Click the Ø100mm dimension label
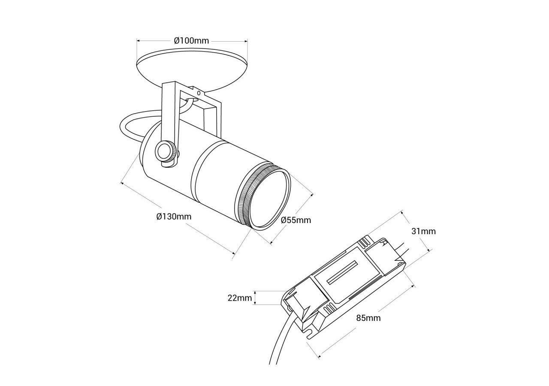pos(191,41)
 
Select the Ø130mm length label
pos(174,216)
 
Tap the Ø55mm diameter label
pos(296,220)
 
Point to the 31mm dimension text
pos(423,231)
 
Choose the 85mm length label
pos(368,318)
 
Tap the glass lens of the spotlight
pos(269,199)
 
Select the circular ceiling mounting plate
pos(192,69)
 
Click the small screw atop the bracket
pos(198,92)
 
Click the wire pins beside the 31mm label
pos(401,250)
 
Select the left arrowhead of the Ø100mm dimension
pos(138,41)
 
